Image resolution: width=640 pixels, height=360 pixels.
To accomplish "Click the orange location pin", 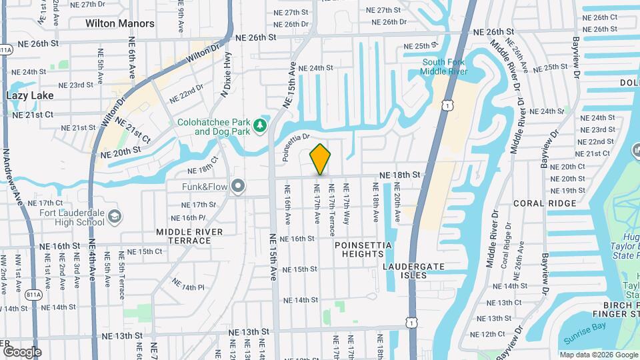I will click(x=321, y=159).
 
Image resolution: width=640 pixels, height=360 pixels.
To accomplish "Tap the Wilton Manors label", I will click(x=120, y=23).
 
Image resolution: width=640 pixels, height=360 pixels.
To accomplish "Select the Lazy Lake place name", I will click(x=29, y=95).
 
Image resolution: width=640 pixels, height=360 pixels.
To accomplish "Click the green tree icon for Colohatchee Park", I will click(x=260, y=125).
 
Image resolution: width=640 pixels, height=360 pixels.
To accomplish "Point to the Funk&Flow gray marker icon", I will click(x=238, y=186).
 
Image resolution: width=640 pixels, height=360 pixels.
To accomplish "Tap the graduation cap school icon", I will click(x=115, y=216).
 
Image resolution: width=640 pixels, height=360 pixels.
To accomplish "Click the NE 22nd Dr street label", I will click(x=186, y=93).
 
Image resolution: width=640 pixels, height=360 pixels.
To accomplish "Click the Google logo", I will click(x=22, y=351).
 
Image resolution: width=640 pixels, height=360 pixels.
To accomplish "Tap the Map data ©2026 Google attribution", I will click(x=599, y=355).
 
